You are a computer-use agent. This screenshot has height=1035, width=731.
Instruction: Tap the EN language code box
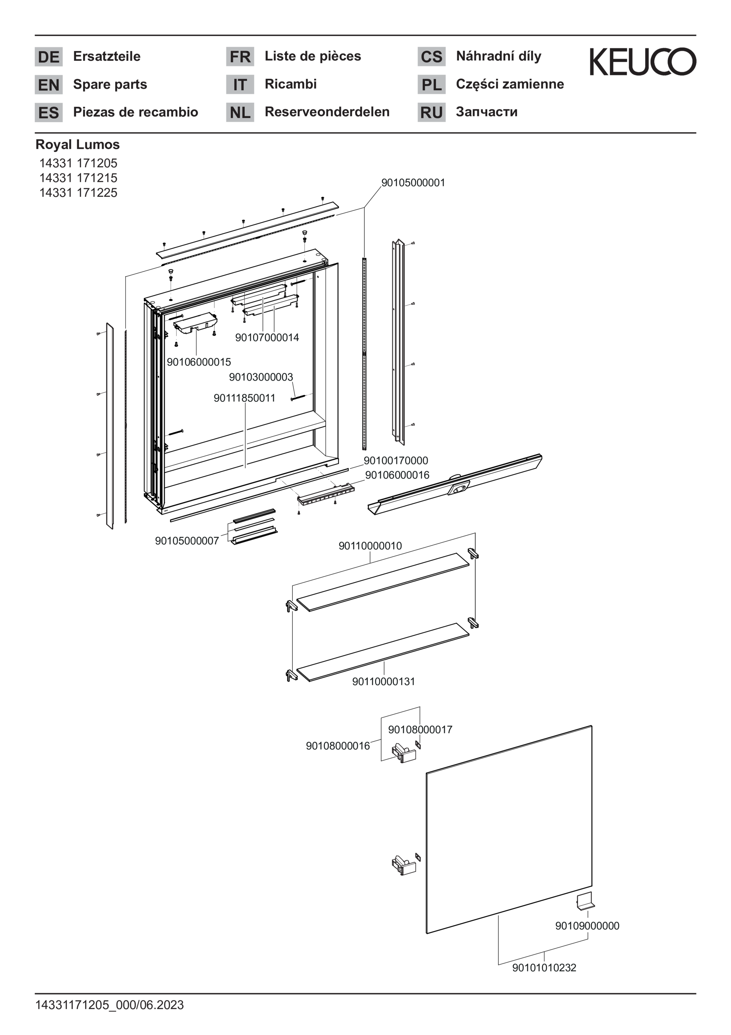pos(49,85)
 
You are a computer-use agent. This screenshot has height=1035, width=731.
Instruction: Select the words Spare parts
pos(110,84)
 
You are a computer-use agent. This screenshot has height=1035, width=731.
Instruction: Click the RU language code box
pos(431,112)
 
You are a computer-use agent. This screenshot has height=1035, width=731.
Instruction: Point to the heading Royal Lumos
pos(77,145)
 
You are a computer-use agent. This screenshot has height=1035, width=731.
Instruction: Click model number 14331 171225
pos(78,193)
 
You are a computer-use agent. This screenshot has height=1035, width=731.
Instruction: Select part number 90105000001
pos(413,183)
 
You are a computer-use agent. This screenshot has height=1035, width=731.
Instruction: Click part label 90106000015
pos(199,362)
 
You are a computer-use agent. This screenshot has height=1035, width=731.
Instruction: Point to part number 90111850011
pos(244,398)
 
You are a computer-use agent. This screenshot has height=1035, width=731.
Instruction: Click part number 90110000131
pos(383,681)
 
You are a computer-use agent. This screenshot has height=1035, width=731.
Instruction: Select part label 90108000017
pos(420,729)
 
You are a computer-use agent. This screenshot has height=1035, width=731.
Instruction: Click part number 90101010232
pos(544,967)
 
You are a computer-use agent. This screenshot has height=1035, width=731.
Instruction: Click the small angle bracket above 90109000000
pos(585,901)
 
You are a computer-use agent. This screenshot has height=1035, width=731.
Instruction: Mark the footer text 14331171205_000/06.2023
pos(110,1005)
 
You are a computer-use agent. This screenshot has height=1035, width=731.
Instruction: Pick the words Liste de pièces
pos(312,56)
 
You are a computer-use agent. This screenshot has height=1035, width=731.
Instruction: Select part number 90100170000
pos(396,460)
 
